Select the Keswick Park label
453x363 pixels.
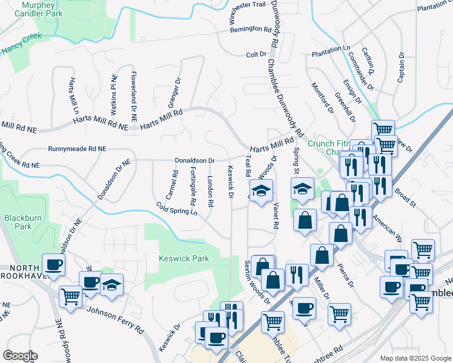click(x=184, y=258)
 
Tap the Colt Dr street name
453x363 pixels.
click(x=256, y=54)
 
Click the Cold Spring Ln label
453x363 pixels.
click(x=177, y=209)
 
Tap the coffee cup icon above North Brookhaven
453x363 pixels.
click(x=54, y=264)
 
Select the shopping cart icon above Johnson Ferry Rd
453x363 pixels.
click(x=71, y=296)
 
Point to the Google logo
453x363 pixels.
click(x=19, y=356)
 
